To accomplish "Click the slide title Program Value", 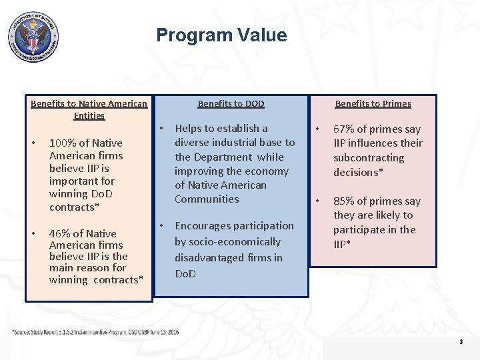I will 221,35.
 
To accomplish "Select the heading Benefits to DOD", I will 231,103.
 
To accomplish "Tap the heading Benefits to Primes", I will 373,103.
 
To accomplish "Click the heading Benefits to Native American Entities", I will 89,109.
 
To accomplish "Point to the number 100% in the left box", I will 62,143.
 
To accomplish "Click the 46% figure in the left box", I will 60,233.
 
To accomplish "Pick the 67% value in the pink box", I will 345,129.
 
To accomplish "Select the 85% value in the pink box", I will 345,201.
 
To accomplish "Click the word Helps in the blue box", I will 189,128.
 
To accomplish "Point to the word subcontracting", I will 369,158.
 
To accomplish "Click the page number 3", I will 461,341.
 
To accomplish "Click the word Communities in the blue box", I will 207,199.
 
